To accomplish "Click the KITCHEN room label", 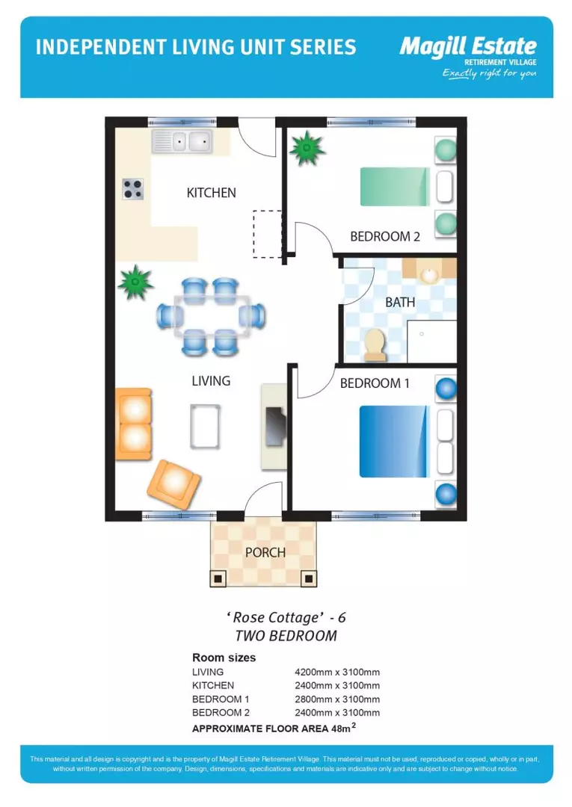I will coord(211,193).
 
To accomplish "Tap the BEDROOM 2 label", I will coord(385,237).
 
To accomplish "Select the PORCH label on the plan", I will coord(265,553).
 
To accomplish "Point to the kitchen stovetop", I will coord(133,189).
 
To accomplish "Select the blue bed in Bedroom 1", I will coord(394,441).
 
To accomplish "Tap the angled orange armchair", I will coord(173,484).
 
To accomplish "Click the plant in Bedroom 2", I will coord(307,149).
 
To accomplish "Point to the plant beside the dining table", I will coord(135,282).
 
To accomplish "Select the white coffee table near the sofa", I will coord(204,426).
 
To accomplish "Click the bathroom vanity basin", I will coord(429,275).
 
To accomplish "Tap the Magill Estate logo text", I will coord(467,47).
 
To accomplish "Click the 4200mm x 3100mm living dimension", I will coord(336,672).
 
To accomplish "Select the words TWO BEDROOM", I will coord(286,636).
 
